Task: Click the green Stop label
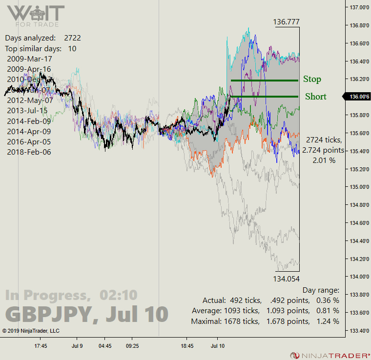click(312, 79)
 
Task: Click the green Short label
click(315, 97)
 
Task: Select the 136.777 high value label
click(286, 22)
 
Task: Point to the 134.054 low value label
click(287, 279)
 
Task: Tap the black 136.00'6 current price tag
click(357, 97)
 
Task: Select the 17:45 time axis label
click(41, 346)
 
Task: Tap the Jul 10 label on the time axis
click(218, 346)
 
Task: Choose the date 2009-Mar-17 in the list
click(29, 59)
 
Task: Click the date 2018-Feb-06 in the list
click(29, 152)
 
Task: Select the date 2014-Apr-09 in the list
click(29, 131)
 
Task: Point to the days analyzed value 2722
click(72, 38)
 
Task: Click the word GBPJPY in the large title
click(48, 314)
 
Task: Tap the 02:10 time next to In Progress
click(119, 295)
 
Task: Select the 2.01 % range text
click(324, 160)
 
